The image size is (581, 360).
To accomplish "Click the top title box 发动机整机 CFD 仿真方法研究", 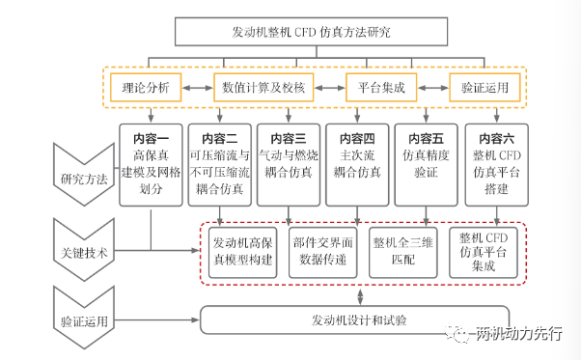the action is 311,32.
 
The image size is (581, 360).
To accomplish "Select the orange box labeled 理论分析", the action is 146,88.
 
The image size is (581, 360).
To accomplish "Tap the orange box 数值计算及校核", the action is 263,88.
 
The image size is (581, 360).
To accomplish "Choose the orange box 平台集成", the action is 381,88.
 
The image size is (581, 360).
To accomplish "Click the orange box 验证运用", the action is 484,88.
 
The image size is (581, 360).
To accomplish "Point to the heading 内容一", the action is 151,139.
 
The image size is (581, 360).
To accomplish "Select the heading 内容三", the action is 289,139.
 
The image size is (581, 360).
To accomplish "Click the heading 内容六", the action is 496,139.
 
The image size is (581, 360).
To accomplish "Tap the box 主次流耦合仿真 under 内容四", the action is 357,165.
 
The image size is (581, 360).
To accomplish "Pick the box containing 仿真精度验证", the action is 427,165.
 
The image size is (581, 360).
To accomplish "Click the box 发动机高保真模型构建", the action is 242,252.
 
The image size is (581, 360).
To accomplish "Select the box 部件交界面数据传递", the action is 322,252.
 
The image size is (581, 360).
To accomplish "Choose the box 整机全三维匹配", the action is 403,252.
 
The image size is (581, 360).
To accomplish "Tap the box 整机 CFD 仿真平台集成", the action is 484,252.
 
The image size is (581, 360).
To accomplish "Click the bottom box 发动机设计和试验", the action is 354,320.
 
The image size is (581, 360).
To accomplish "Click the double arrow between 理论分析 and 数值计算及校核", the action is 198,88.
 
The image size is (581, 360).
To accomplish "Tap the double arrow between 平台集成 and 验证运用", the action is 433,88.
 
